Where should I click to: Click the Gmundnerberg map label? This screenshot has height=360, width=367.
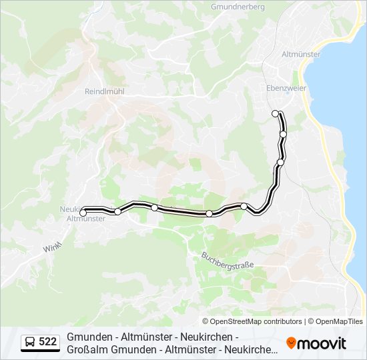(238, 7)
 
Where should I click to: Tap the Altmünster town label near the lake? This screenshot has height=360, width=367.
(301, 54)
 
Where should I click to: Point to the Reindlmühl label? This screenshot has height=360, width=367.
(105, 92)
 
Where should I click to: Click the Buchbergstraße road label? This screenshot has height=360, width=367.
(228, 260)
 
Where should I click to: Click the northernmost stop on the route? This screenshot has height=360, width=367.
(276, 113)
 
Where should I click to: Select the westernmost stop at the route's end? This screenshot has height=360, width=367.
(83, 213)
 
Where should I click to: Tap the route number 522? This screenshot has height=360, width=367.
(47, 342)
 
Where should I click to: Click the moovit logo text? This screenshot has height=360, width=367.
(321, 343)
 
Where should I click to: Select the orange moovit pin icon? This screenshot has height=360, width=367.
(290, 343)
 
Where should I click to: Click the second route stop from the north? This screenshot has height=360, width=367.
(283, 134)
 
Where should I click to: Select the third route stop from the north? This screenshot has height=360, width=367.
(280, 162)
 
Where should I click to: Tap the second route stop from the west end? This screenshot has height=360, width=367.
(118, 211)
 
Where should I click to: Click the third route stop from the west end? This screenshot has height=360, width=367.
(154, 207)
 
